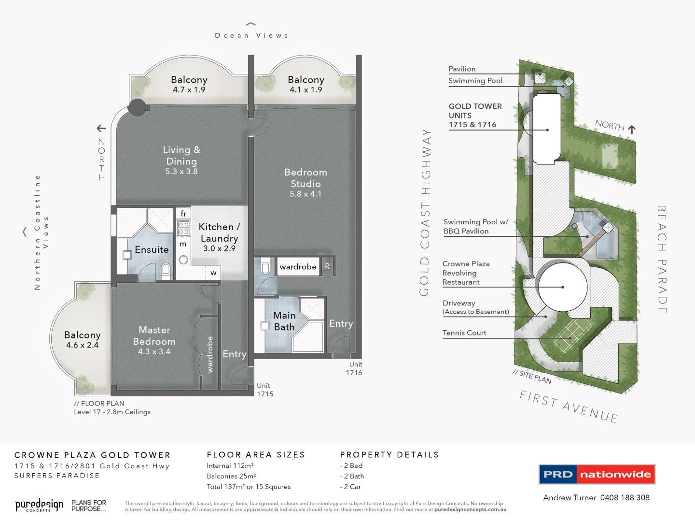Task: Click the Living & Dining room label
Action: (x=181, y=156)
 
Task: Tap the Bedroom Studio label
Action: (x=306, y=178)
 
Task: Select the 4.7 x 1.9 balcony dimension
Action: (x=189, y=90)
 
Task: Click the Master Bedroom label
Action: (x=154, y=335)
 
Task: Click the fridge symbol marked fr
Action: (x=183, y=214)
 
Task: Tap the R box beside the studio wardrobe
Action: (x=327, y=266)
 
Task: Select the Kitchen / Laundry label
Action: (x=219, y=232)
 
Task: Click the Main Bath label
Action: (x=284, y=321)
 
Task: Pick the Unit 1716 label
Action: (x=354, y=368)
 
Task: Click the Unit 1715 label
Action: (x=265, y=390)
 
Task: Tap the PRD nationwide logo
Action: (x=597, y=474)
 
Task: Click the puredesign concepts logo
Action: (x=39, y=506)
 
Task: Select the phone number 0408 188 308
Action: (x=625, y=498)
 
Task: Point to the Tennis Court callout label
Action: (x=464, y=333)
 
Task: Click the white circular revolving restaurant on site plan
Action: (x=563, y=287)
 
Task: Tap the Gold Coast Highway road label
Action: (x=424, y=212)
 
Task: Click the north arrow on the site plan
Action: (x=632, y=130)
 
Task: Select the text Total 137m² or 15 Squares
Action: (x=249, y=487)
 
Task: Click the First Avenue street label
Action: (x=569, y=406)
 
